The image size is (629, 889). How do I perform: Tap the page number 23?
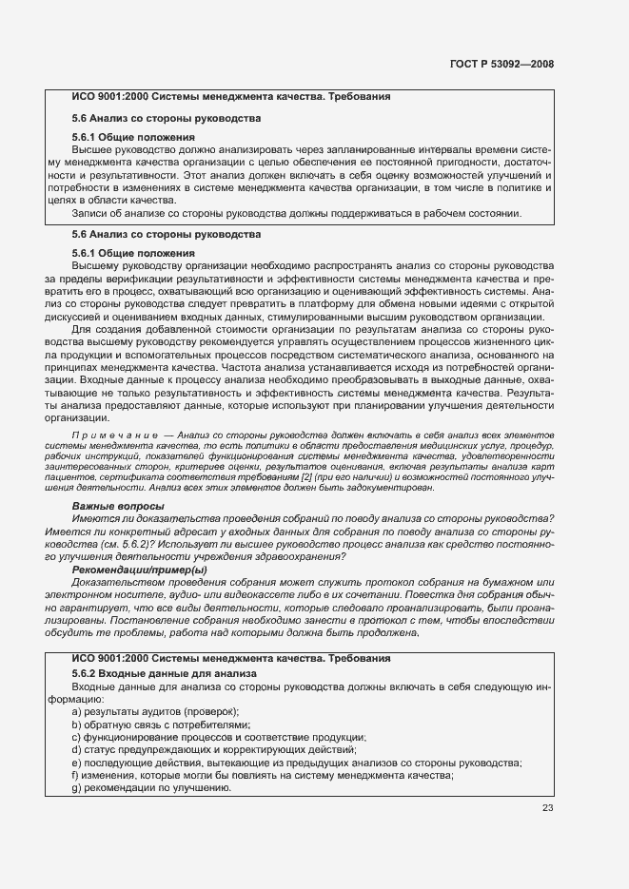point(547,808)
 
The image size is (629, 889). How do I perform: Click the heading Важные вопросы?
point(118,506)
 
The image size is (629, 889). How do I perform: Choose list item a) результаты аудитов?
point(154,711)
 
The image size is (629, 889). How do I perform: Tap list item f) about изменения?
point(262,776)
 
